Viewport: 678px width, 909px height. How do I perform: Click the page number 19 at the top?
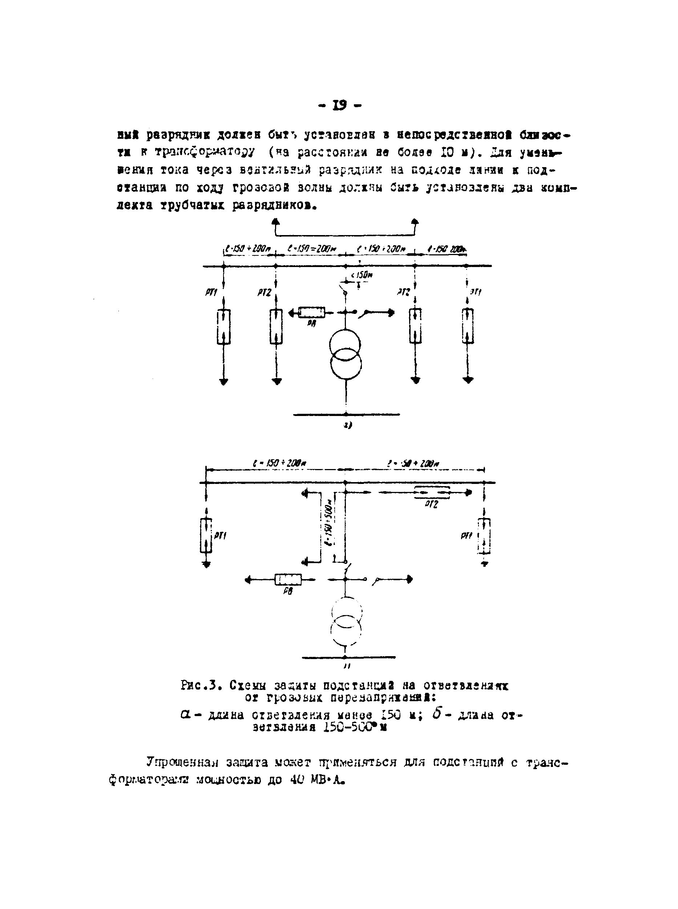tap(340, 105)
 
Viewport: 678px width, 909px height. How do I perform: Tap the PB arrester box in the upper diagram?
tap(311, 313)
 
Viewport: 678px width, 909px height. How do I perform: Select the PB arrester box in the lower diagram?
tap(288, 579)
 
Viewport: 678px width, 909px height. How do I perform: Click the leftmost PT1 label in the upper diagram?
tap(211, 292)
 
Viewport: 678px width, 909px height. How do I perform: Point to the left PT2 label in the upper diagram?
tap(265, 292)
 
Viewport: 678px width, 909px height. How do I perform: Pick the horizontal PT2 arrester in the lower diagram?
tap(432, 492)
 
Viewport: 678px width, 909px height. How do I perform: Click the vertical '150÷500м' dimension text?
tap(329, 523)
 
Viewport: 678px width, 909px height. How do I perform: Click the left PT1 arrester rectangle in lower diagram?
tap(206, 535)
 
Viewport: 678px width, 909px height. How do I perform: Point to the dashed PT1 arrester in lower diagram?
tap(485, 536)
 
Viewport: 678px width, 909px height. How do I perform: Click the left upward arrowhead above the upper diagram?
tap(276, 222)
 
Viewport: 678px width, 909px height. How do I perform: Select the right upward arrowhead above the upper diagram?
tap(415, 222)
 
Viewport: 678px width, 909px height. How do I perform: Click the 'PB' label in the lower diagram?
tap(288, 591)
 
